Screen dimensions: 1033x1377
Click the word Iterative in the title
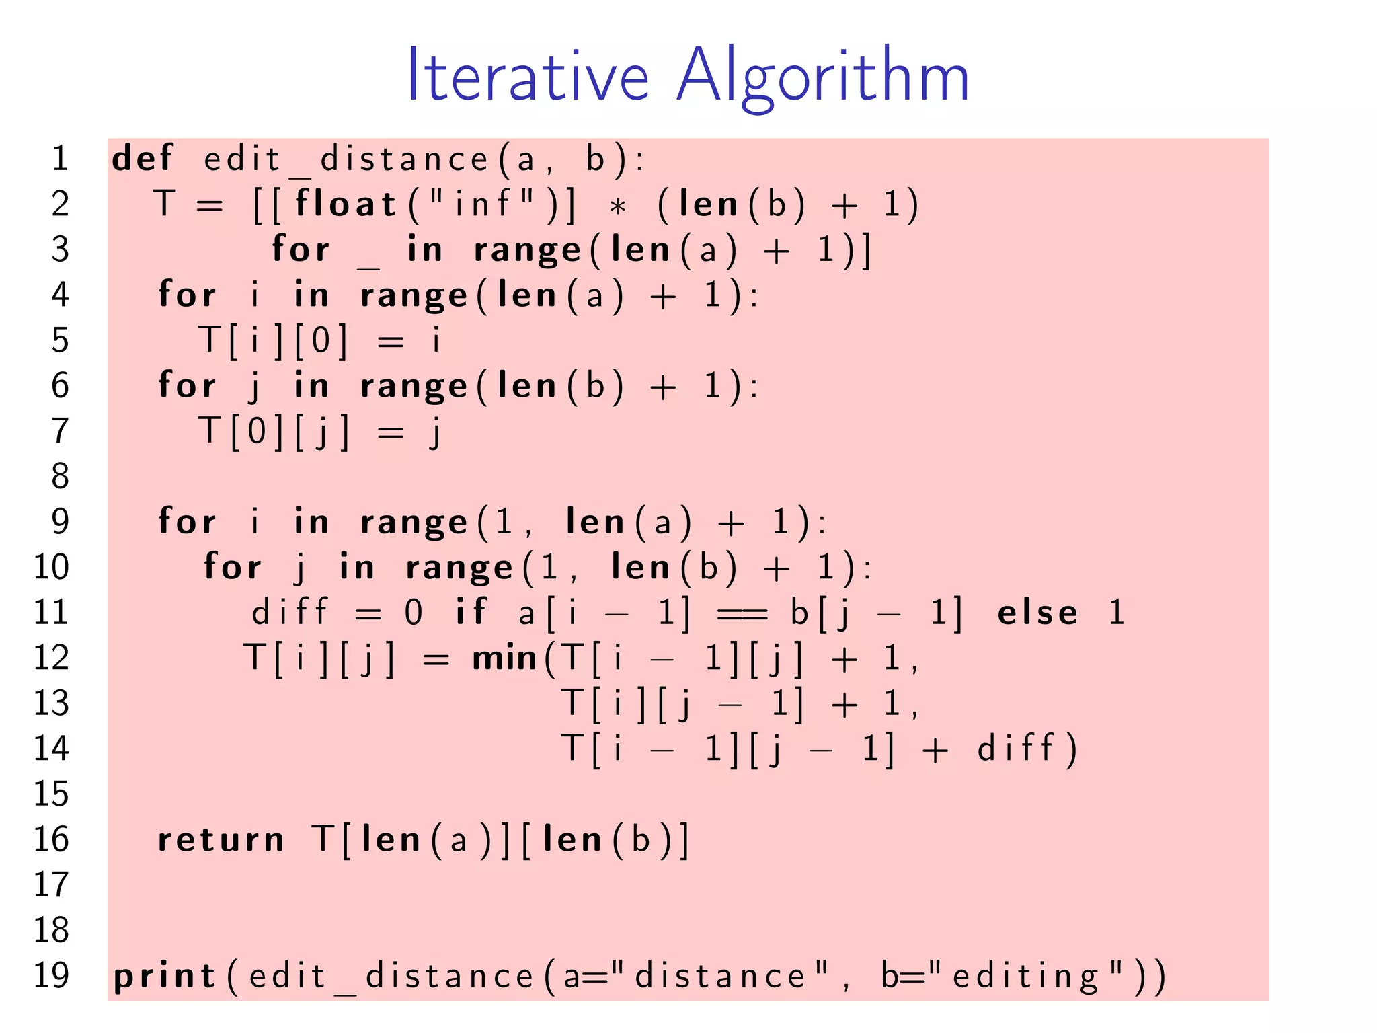click(x=528, y=75)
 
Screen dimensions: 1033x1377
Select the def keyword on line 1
click(x=143, y=159)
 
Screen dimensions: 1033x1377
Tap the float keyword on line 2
click(x=346, y=204)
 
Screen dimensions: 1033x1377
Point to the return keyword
click(x=221, y=839)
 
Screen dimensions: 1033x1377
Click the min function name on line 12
click(x=504, y=658)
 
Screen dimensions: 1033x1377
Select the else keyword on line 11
click(x=1037, y=613)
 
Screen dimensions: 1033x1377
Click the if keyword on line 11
click(x=471, y=612)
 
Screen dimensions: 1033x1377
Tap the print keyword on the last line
click(x=165, y=977)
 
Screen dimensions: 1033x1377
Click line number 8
click(x=61, y=476)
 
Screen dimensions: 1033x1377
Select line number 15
click(x=51, y=794)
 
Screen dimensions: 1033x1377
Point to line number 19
click(x=51, y=976)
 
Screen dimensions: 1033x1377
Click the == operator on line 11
click(x=742, y=613)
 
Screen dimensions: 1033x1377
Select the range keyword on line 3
click(x=527, y=251)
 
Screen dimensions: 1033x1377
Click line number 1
click(x=61, y=159)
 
